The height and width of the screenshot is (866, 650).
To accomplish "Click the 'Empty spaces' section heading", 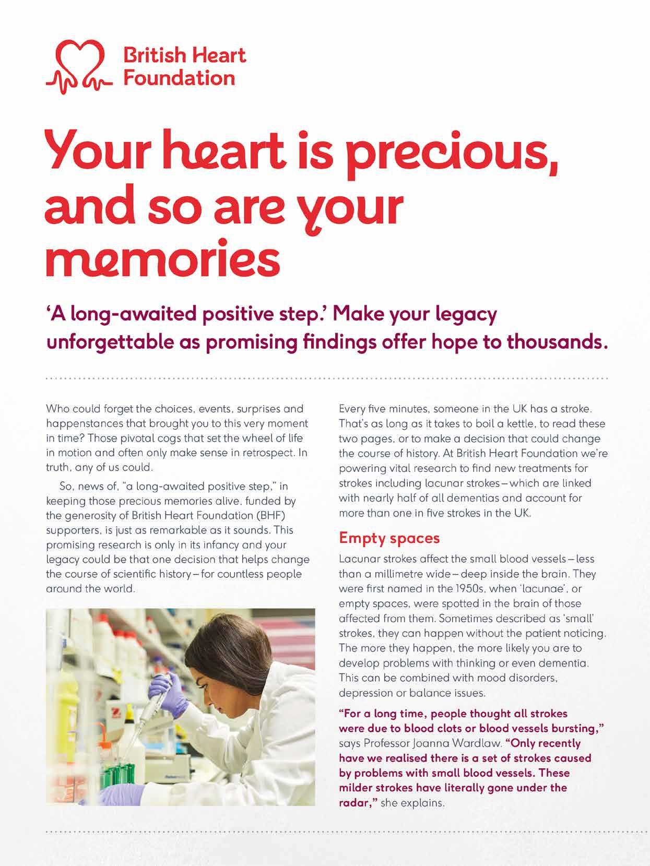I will (x=389, y=538).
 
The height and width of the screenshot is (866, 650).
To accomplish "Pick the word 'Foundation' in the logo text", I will (x=178, y=79).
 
